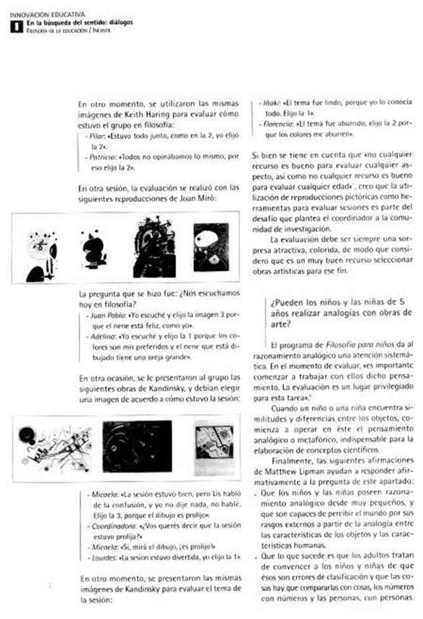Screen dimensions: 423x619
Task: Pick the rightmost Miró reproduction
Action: (210, 246)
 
